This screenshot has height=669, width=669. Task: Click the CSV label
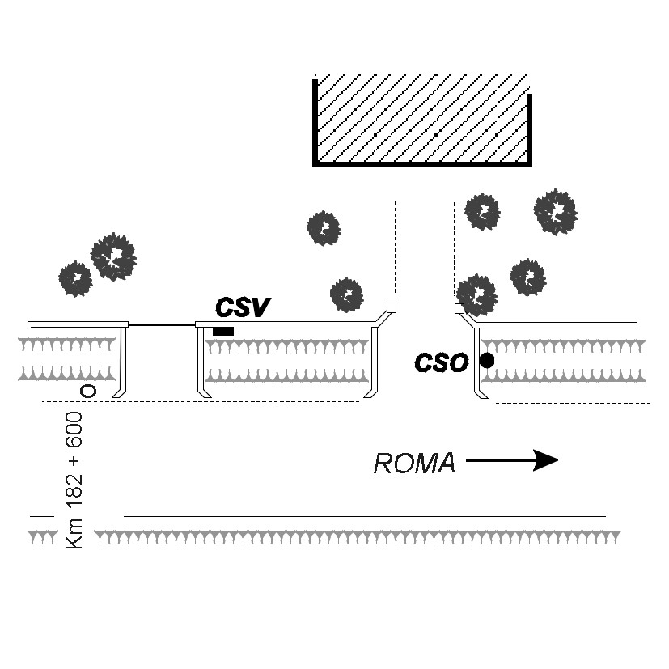pos(243,307)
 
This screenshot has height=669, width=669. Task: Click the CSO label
pos(441,362)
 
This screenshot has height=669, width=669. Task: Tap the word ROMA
pos(414,464)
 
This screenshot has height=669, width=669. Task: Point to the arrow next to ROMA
pos(512,460)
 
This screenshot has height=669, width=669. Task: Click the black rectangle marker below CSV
pos(223,331)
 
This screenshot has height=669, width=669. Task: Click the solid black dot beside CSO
pos(487,361)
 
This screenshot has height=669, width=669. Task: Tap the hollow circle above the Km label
pos(88,391)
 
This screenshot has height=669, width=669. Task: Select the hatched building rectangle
pos(422,121)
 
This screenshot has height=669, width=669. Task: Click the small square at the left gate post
pos(392,307)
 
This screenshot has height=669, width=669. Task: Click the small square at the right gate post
pos(459,308)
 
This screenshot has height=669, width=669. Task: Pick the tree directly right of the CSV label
pos(346,294)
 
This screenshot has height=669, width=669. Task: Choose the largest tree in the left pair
pos(113,256)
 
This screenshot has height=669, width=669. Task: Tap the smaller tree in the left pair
pos(75,279)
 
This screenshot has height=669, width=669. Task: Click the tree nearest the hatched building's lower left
pos(324,228)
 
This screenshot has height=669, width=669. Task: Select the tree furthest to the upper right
pos(556,212)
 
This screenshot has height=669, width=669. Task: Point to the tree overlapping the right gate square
pos(477,295)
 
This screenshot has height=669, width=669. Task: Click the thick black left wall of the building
pos(315,121)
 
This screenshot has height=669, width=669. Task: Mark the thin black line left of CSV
pos(162,324)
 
